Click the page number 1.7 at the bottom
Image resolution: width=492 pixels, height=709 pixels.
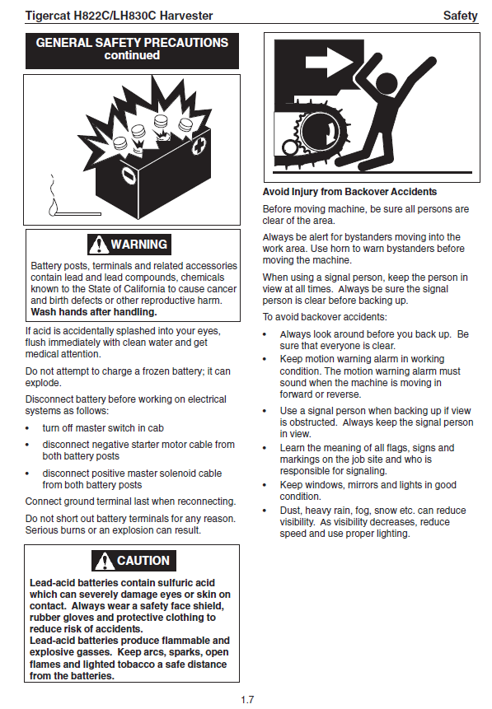[x=247, y=699]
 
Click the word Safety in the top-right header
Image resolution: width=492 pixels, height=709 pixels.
[x=461, y=16]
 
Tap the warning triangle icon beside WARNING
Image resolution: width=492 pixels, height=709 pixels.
[x=98, y=245]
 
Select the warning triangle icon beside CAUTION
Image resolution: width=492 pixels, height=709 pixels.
[x=104, y=561]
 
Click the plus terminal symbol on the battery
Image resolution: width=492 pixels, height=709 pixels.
[x=199, y=146]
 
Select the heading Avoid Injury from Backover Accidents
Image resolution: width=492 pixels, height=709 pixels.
[x=349, y=192]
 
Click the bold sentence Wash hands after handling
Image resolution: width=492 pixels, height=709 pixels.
[x=94, y=312]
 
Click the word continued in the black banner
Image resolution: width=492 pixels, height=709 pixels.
[x=132, y=55]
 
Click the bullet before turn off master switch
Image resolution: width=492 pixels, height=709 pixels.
[x=27, y=429]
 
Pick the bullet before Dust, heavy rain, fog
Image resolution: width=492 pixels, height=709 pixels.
[x=265, y=511]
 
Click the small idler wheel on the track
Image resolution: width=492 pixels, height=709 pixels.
[x=290, y=147]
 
